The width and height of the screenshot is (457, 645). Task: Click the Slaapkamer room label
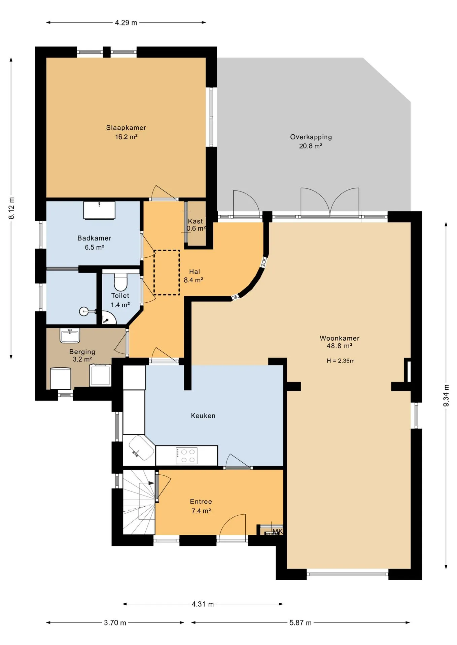tap(126, 128)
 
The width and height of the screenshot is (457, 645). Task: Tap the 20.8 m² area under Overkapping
tap(311, 146)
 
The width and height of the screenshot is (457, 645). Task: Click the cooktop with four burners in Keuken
tap(186, 456)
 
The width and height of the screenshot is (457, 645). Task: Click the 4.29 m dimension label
tap(126, 23)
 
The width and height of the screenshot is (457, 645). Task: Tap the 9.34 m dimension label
tap(446, 395)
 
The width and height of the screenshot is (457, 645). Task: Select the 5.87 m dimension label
tap(301, 622)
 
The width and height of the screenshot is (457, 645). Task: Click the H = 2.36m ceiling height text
tap(341, 361)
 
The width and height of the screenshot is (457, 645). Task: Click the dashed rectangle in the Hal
tap(167, 272)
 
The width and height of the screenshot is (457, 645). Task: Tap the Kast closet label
tap(196, 221)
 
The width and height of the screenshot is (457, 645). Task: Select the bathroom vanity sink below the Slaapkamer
tap(99, 210)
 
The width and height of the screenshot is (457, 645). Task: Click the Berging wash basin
tap(70, 336)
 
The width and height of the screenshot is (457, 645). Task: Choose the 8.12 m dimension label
tap(11, 208)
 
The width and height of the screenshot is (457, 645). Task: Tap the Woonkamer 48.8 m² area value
tap(340, 346)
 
